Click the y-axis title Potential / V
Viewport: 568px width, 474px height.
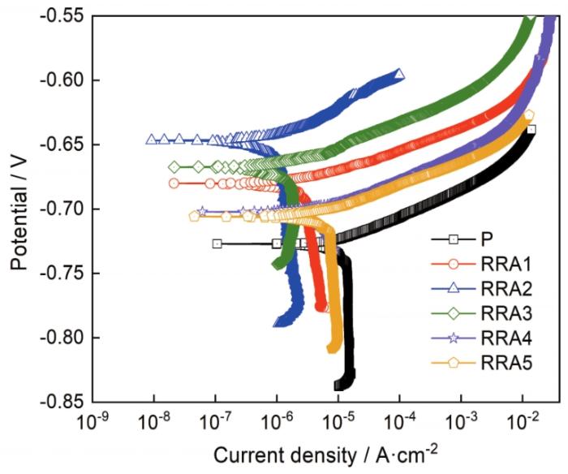click(x=18, y=209)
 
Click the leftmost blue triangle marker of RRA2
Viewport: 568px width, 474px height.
click(x=151, y=140)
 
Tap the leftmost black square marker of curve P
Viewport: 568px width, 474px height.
click(x=217, y=243)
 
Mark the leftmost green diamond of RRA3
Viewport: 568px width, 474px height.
click(x=174, y=166)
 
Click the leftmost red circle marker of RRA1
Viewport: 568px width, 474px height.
click(x=174, y=183)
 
